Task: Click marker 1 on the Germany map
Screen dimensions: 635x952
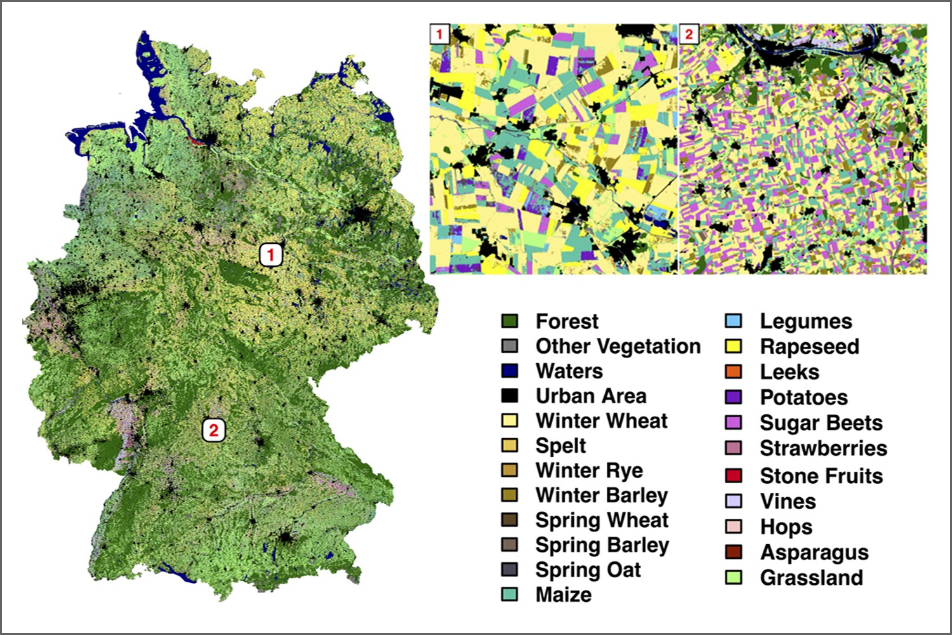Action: click(271, 255)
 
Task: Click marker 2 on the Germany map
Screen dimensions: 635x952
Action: click(214, 430)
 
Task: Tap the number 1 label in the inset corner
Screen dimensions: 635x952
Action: click(439, 34)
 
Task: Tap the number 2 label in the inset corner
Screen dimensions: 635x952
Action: click(689, 34)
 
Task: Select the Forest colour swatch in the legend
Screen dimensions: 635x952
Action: click(510, 321)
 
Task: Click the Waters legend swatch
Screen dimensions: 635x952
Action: click(510, 371)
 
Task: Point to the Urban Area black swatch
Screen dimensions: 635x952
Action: click(510, 396)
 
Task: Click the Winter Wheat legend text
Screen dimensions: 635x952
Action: click(601, 420)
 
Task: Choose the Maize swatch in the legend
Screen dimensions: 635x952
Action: click(510, 594)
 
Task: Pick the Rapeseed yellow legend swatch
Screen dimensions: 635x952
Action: click(734, 346)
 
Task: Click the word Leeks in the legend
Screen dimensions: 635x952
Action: click(790, 371)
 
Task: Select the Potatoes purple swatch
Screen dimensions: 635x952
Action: click(734, 397)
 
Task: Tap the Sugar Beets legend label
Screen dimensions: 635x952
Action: click(821, 422)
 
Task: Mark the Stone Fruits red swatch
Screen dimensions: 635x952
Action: click(734, 476)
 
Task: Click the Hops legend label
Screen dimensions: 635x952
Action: click(786, 526)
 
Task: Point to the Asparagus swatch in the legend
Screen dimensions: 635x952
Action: click(734, 552)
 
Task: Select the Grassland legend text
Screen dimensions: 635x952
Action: click(811, 577)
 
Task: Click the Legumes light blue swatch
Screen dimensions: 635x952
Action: click(734, 321)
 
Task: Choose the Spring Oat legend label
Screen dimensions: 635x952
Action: click(588, 570)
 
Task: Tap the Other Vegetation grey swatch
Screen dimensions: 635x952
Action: click(510, 346)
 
